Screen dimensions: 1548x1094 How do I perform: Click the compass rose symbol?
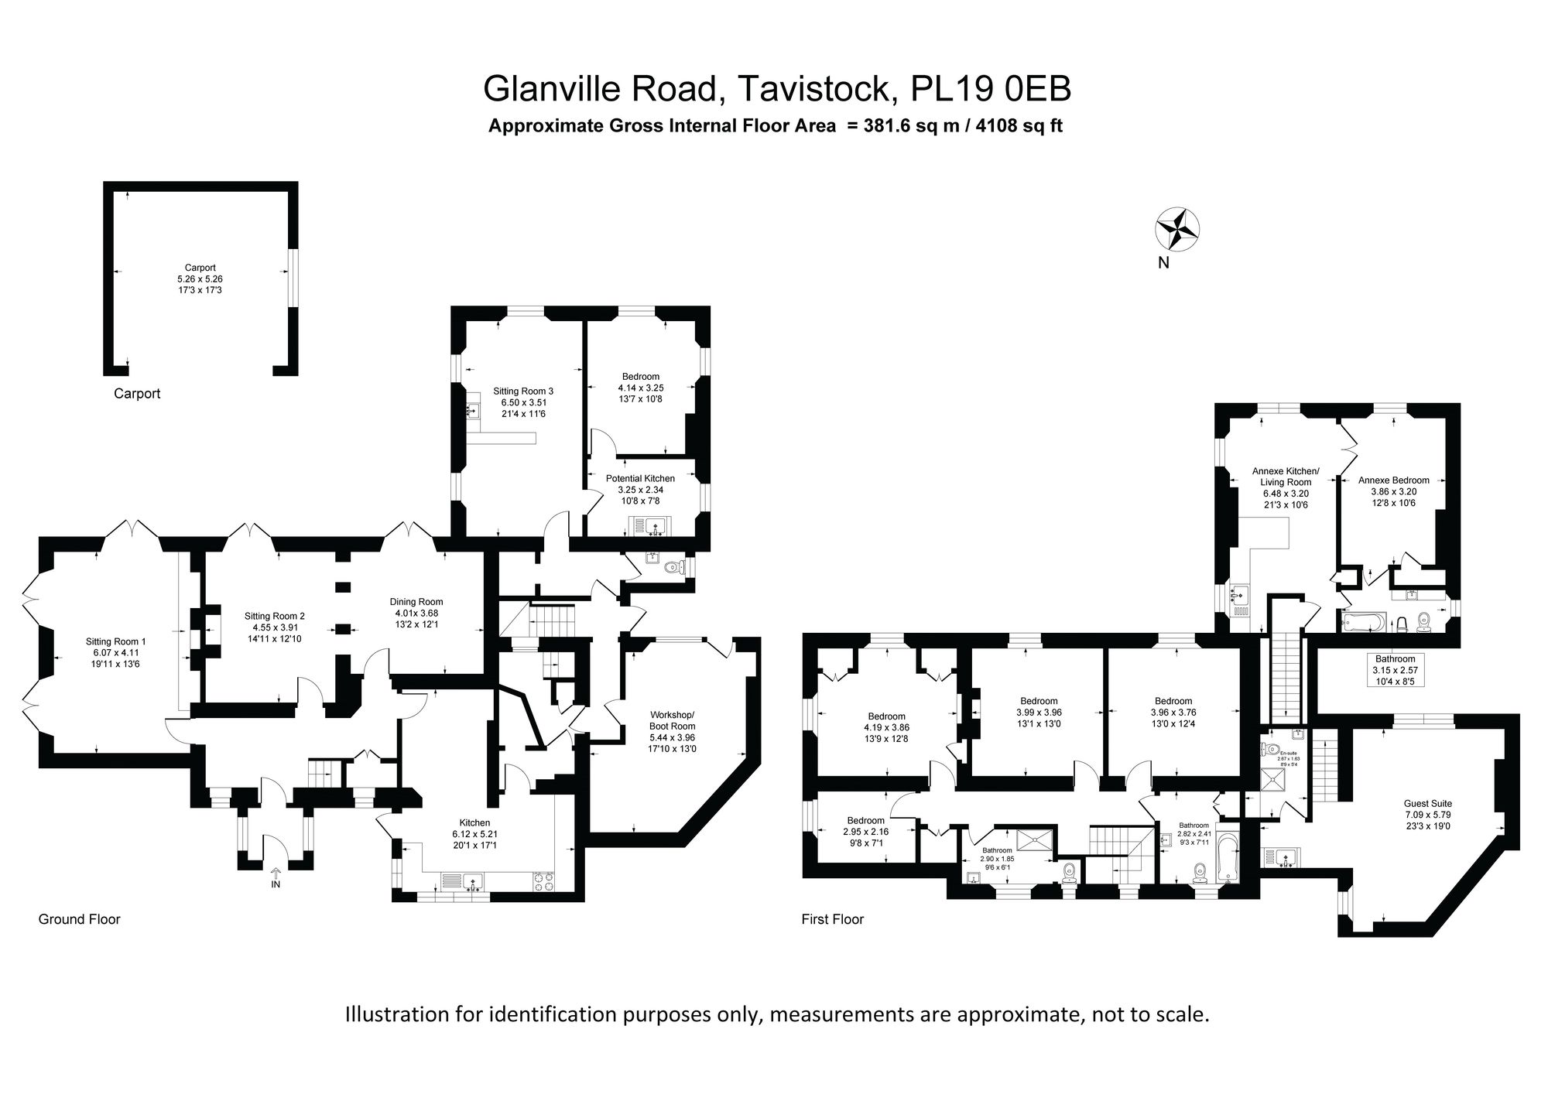click(1177, 230)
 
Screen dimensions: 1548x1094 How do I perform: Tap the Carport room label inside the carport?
click(200, 268)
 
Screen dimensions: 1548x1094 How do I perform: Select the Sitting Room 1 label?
click(115, 641)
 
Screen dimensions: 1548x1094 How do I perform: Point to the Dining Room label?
click(416, 602)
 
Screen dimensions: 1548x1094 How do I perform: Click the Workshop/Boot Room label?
click(673, 720)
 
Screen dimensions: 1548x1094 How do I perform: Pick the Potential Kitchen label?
click(640, 479)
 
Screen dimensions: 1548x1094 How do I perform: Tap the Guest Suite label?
click(1428, 804)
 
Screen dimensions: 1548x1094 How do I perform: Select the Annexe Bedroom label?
click(1394, 480)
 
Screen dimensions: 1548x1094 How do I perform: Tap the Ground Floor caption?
click(80, 919)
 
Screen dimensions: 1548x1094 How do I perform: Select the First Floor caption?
click(832, 919)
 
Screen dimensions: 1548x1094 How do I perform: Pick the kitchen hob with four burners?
click(543, 881)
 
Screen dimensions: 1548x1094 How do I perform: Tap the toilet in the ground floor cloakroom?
click(676, 568)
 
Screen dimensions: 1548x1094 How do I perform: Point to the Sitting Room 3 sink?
click(474, 411)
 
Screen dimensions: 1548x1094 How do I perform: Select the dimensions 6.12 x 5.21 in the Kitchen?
click(474, 834)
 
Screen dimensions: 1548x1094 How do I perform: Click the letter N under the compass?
click(1163, 263)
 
